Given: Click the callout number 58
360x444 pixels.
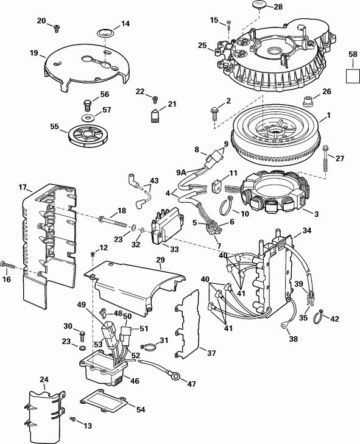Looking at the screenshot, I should pyautogui.click(x=352, y=55).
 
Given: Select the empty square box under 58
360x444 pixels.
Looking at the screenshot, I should pyautogui.click(x=352, y=76).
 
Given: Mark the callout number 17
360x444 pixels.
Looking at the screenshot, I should pyautogui.click(x=23, y=188).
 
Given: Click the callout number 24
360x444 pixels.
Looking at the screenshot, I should pyautogui.click(x=44, y=379).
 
